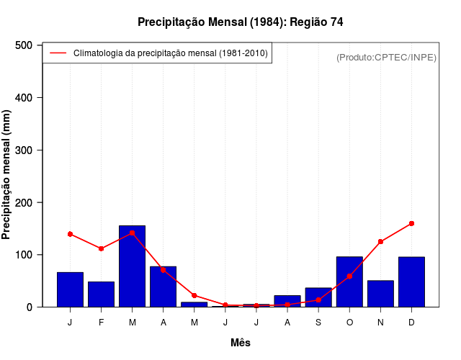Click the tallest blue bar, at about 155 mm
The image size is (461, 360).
pos(132,266)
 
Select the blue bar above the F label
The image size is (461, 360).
pos(101,294)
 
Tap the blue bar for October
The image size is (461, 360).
pos(349,282)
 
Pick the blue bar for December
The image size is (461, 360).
pos(411,282)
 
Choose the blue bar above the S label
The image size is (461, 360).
pos(318,297)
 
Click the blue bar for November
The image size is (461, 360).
pos(380,294)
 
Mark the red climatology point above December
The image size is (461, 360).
pos(411,223)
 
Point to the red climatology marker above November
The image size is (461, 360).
pos(380,241)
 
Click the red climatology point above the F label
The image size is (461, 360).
pos(101,248)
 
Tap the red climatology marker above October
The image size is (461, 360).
pos(349,276)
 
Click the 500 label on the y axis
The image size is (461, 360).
pos(24,45)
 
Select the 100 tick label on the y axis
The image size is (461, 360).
pos(24,255)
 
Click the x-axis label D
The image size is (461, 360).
pos(411,323)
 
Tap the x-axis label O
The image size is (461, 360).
pos(349,323)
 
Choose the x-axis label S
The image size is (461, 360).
pos(318,323)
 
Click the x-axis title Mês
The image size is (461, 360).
pos(241,343)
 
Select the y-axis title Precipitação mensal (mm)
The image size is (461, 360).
pos(7,176)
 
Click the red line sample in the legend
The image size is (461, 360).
pos(58,53)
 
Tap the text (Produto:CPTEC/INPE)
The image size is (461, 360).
pos(386,57)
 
